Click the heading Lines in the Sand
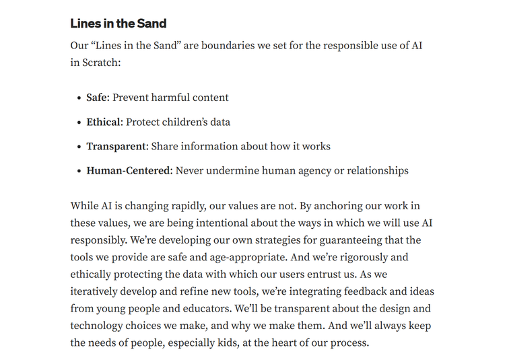point(119,24)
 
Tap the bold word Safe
point(97,98)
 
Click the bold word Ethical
point(103,122)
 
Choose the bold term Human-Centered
point(129,170)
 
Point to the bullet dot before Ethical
point(79,122)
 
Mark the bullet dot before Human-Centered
point(79,171)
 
